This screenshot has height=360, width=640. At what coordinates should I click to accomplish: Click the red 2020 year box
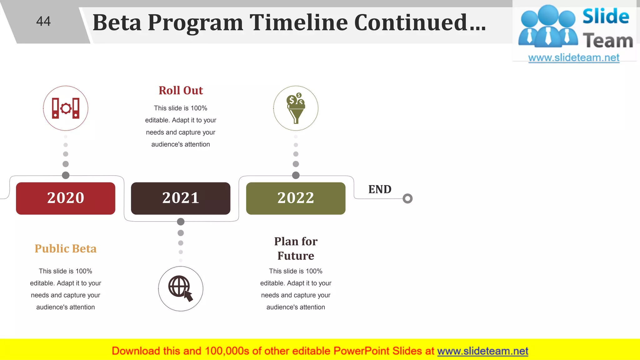(x=66, y=198)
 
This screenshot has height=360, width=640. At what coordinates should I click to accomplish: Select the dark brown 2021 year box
(x=181, y=198)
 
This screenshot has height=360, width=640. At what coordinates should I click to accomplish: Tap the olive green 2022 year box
(x=296, y=198)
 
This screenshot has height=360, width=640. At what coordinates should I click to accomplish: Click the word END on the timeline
(x=380, y=189)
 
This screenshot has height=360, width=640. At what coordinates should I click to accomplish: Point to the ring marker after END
(x=407, y=198)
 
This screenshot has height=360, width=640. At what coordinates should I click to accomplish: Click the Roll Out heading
(x=181, y=90)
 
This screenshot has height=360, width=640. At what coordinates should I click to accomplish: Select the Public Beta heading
(x=66, y=248)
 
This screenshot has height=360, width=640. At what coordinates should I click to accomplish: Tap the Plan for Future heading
(x=296, y=248)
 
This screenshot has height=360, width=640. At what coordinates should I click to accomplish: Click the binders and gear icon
(x=66, y=108)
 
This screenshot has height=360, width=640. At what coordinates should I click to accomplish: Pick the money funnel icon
(x=296, y=108)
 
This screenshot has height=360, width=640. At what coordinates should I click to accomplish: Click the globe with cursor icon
(x=181, y=288)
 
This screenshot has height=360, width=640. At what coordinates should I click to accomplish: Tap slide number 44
(x=43, y=21)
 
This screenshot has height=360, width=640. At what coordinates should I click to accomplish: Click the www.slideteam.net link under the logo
(x=574, y=58)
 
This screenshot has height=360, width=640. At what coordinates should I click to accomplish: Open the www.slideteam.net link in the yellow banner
(x=482, y=351)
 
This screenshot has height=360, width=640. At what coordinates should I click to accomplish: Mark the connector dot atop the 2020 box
(x=66, y=175)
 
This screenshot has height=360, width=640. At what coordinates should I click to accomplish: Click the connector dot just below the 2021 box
(x=181, y=222)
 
